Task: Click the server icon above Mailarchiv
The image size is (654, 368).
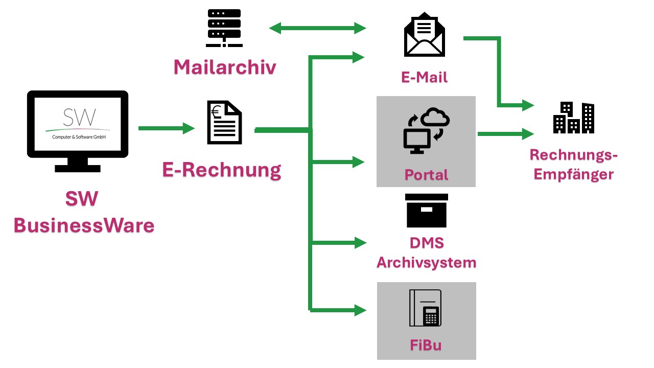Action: click(224, 28)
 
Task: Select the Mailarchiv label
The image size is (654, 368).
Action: click(224, 67)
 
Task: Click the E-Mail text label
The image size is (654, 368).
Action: click(425, 77)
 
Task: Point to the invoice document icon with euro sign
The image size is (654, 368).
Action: click(224, 123)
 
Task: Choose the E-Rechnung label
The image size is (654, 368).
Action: click(222, 170)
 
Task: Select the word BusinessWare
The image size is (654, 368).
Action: click(84, 225)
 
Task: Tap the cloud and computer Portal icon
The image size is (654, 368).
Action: click(426, 131)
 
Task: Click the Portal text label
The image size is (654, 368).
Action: click(426, 175)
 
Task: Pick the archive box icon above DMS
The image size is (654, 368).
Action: click(426, 211)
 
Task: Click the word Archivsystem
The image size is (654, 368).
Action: click(426, 263)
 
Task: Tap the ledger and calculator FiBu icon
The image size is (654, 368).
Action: click(425, 308)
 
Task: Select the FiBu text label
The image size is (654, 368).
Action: click(426, 345)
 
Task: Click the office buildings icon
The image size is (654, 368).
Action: click(574, 118)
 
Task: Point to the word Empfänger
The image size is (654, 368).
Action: click(573, 174)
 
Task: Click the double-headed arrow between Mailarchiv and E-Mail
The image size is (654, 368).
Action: click(317, 28)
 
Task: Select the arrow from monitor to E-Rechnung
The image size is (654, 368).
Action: click(167, 128)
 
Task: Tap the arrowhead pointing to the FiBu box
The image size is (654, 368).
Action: click(361, 309)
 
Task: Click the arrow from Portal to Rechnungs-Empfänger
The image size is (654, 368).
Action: click(505, 134)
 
